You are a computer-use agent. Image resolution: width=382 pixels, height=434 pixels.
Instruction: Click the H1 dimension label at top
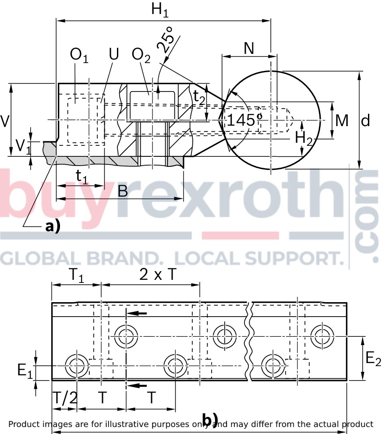160,10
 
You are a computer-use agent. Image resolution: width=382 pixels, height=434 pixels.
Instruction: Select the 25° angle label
166,40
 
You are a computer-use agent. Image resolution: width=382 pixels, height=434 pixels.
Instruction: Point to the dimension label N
249,48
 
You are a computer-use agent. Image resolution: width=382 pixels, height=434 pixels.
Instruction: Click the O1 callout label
79,55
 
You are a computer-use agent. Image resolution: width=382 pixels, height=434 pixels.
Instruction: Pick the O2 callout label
141,55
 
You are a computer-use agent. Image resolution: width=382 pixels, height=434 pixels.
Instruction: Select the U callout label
114,54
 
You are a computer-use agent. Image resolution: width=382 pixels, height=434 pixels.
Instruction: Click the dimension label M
342,120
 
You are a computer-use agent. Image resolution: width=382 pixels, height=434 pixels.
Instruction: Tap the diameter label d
365,120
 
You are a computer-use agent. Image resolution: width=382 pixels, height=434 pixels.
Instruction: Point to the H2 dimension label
304,138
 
